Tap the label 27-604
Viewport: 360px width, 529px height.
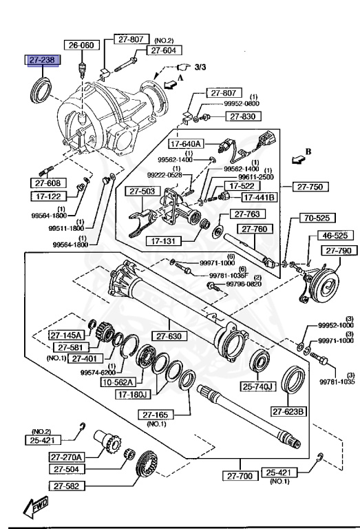click(x=164, y=50)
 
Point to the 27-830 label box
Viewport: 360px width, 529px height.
click(x=243, y=116)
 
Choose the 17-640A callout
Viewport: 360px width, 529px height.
click(x=186, y=144)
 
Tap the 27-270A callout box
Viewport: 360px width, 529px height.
click(x=66, y=457)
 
